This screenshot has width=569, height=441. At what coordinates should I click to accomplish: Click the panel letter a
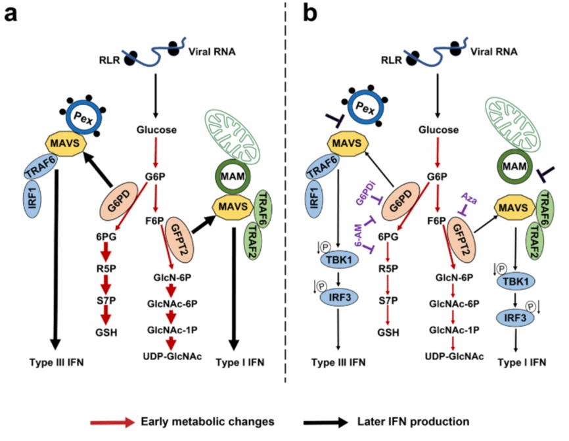[11, 13]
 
